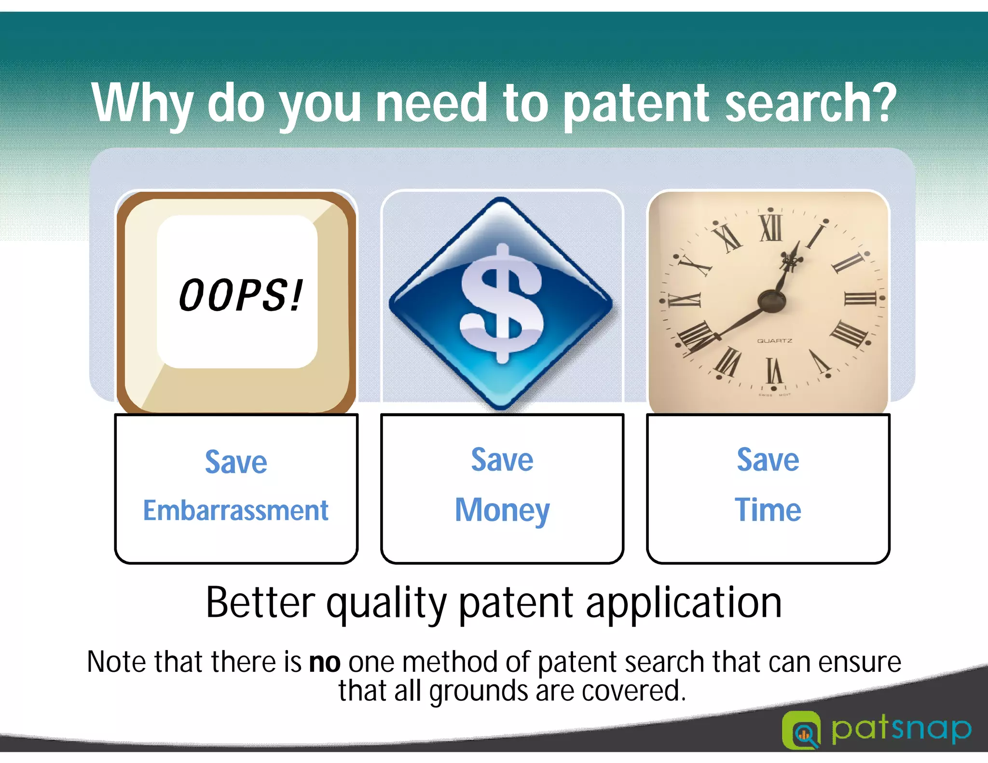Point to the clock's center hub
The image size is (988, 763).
click(771, 301)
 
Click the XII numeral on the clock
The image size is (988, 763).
click(770, 228)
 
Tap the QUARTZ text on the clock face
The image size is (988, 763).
click(774, 341)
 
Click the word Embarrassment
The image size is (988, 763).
click(236, 510)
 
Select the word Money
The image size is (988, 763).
click(502, 510)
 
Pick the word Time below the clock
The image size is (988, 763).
click(768, 510)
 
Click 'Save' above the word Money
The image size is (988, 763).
click(502, 460)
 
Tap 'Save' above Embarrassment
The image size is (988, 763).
click(236, 462)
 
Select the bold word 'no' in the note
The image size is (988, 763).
click(325, 662)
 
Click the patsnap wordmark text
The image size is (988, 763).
click(901, 729)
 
